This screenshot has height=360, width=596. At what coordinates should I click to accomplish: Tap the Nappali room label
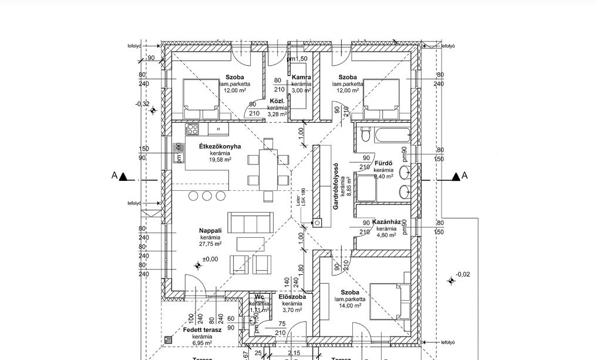(x=210, y=231)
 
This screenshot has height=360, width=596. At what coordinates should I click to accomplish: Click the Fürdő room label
(x=383, y=163)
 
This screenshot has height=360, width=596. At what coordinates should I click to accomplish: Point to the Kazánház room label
(x=386, y=222)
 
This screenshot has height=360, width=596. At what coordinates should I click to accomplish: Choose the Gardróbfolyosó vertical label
(x=336, y=186)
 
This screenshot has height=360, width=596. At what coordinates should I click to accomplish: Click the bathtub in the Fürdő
(x=388, y=136)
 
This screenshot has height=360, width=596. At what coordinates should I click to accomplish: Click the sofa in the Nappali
(x=250, y=223)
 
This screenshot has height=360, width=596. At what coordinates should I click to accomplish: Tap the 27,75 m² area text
(x=210, y=244)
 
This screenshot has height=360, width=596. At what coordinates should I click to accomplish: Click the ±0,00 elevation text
(x=210, y=259)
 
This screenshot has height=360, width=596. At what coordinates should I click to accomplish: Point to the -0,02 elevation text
(x=463, y=274)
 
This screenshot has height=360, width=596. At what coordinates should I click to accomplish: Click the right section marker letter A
(x=464, y=175)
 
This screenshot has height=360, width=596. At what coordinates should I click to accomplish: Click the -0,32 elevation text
(x=142, y=103)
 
